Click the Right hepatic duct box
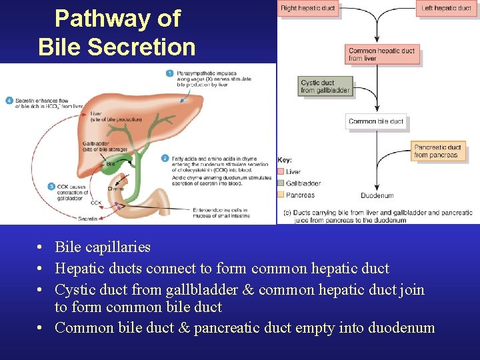[x=309, y=9]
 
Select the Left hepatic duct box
[x=447, y=9]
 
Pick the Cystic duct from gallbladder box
[x=325, y=87]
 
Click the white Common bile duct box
[x=376, y=121]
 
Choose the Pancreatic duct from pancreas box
[x=437, y=151]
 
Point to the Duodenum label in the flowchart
[x=377, y=196]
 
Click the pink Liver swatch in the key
[x=281, y=172]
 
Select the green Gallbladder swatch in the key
[x=281, y=183]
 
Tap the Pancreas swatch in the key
[x=281, y=195]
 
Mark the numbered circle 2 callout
[x=165, y=158]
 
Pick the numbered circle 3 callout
[x=51, y=187]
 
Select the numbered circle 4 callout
[x=9, y=101]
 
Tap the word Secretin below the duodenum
[x=89, y=219]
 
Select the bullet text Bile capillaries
[x=103, y=247]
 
